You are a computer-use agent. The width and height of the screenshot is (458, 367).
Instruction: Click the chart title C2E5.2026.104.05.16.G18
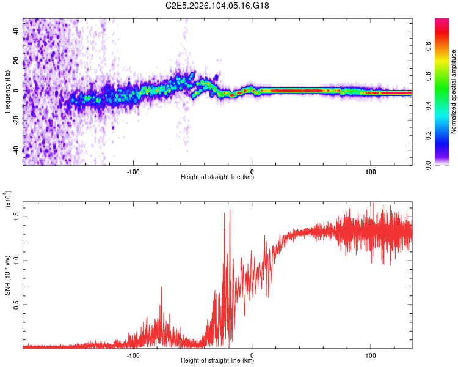point(217,6)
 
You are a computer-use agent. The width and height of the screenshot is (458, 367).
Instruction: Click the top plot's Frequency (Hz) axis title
point(7,91)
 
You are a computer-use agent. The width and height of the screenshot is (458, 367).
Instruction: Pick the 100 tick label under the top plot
point(371,171)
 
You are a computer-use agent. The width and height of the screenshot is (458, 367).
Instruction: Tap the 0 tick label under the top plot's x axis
point(252,171)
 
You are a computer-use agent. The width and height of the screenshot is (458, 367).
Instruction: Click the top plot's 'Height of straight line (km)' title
point(217,177)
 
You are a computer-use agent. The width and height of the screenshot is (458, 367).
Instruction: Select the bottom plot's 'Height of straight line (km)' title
point(217,360)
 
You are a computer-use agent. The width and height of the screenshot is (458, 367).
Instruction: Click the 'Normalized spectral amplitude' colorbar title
point(454,92)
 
